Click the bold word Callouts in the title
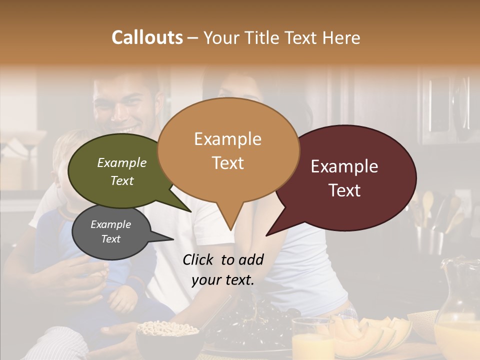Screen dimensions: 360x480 coord(147,37)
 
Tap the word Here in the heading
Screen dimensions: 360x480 coord(341,37)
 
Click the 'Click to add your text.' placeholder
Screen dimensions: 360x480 coord(222,269)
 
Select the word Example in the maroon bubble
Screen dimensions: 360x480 coord(344,166)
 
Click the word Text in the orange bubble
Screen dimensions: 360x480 coord(228,163)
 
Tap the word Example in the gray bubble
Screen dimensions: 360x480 coord(111,224)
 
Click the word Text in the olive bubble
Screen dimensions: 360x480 coord(122,180)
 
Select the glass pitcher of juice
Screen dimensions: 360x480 coord(457,310)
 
